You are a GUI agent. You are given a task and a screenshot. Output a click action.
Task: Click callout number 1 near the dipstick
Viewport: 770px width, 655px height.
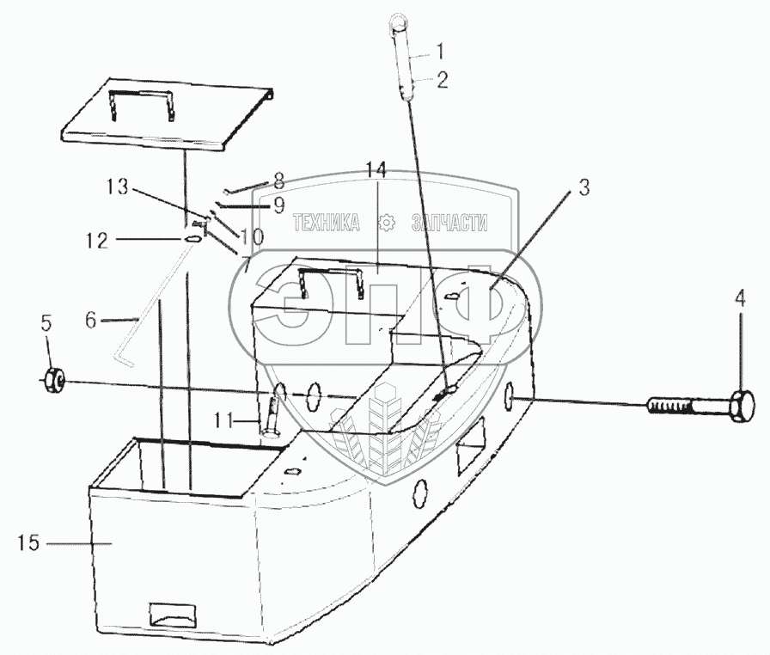coord(441,50)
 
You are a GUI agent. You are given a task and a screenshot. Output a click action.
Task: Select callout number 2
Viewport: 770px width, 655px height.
coord(443,81)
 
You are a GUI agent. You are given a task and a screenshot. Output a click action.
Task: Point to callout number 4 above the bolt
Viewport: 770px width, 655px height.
coord(740,300)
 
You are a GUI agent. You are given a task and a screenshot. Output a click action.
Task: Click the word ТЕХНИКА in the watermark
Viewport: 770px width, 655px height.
coord(326,223)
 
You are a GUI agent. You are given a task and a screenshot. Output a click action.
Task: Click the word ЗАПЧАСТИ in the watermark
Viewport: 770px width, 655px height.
coord(449,223)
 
